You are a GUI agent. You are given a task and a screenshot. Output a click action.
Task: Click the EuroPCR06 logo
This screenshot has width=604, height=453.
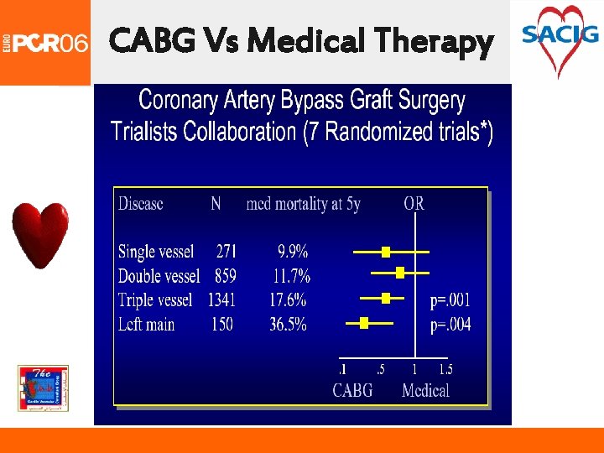point(45,42)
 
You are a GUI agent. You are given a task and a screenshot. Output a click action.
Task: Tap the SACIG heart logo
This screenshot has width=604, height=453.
point(560,39)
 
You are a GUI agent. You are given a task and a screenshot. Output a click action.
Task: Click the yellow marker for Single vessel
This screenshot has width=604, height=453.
point(386,252)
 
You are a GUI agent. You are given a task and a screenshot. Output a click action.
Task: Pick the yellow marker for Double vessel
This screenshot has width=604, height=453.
point(400,272)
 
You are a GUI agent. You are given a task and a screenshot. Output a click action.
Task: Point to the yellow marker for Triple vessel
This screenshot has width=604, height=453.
point(386,298)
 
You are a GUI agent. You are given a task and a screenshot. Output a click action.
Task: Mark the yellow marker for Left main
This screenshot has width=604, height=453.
point(364,322)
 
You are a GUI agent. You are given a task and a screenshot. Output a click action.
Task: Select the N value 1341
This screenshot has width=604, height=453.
point(221,300)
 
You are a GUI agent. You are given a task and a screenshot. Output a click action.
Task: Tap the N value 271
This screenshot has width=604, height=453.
point(226,251)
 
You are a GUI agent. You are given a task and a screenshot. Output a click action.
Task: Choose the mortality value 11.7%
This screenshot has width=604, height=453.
point(291,275)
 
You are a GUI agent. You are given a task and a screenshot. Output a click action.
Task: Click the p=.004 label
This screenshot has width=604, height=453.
point(450,325)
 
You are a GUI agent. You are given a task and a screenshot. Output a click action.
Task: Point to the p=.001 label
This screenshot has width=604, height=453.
point(450,300)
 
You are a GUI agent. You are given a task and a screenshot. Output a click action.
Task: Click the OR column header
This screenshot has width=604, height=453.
point(414,204)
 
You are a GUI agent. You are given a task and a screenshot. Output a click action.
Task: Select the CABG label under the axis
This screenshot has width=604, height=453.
point(352,390)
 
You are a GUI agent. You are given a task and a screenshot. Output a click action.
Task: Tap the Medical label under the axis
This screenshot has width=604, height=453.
point(425,390)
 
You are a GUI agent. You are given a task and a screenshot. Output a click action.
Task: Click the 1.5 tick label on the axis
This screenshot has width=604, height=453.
point(445,370)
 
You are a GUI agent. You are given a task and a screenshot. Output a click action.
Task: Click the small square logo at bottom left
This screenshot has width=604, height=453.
point(43,388)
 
